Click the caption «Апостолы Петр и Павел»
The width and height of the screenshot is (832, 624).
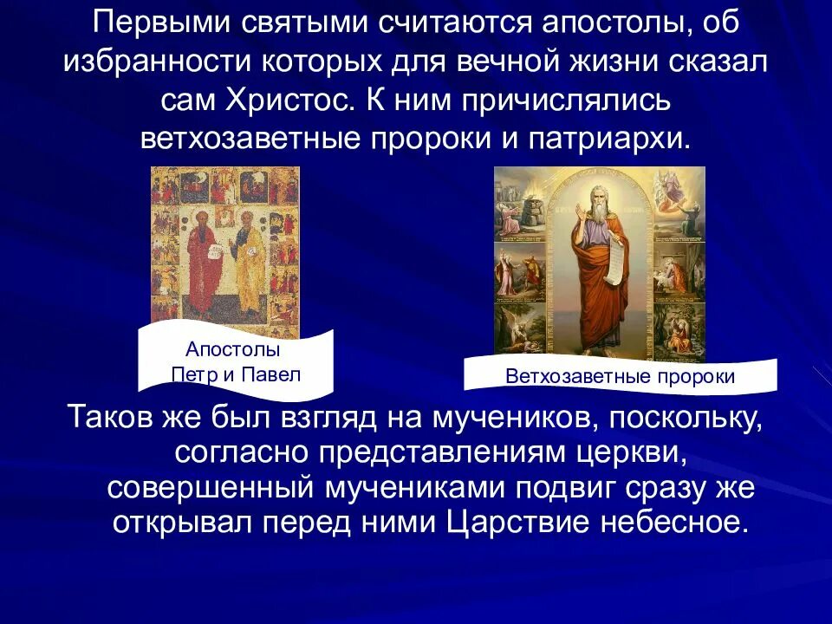coord(234,362)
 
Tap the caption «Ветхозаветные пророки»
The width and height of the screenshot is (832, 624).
coord(620,377)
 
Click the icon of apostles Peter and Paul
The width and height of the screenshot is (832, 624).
coord(224,251)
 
